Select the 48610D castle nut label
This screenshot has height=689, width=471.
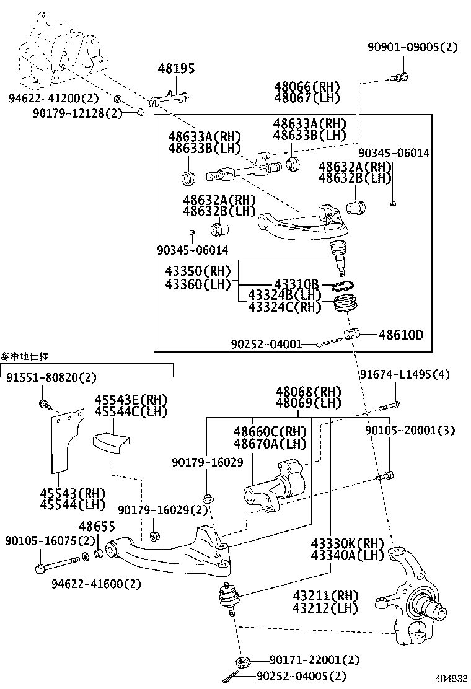click(401, 335)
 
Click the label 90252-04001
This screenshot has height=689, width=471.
click(266, 344)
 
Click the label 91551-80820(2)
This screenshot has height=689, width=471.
click(52, 377)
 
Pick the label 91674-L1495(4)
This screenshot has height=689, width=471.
click(404, 374)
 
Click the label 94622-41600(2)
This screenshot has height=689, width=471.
click(96, 584)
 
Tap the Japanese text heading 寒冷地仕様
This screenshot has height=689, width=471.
click(24, 356)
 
